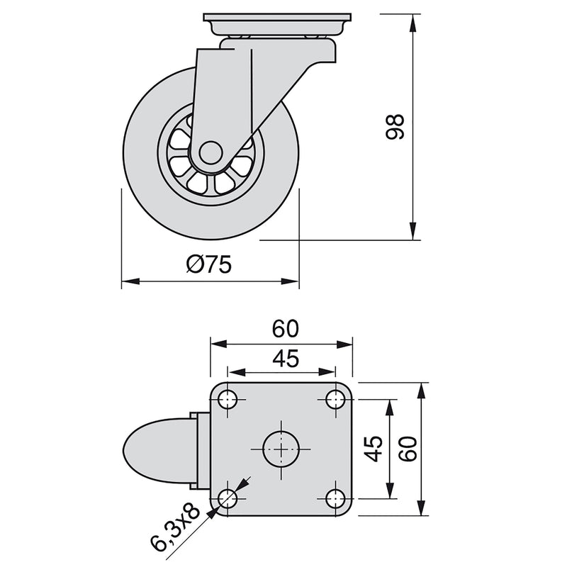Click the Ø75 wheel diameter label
click(x=209, y=265)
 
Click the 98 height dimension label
click(x=395, y=127)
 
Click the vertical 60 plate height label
click(x=407, y=448)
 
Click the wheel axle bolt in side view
click(x=210, y=152)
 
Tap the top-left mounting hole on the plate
click(x=228, y=400)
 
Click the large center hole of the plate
click(x=281, y=448)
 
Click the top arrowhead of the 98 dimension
click(x=412, y=18)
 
